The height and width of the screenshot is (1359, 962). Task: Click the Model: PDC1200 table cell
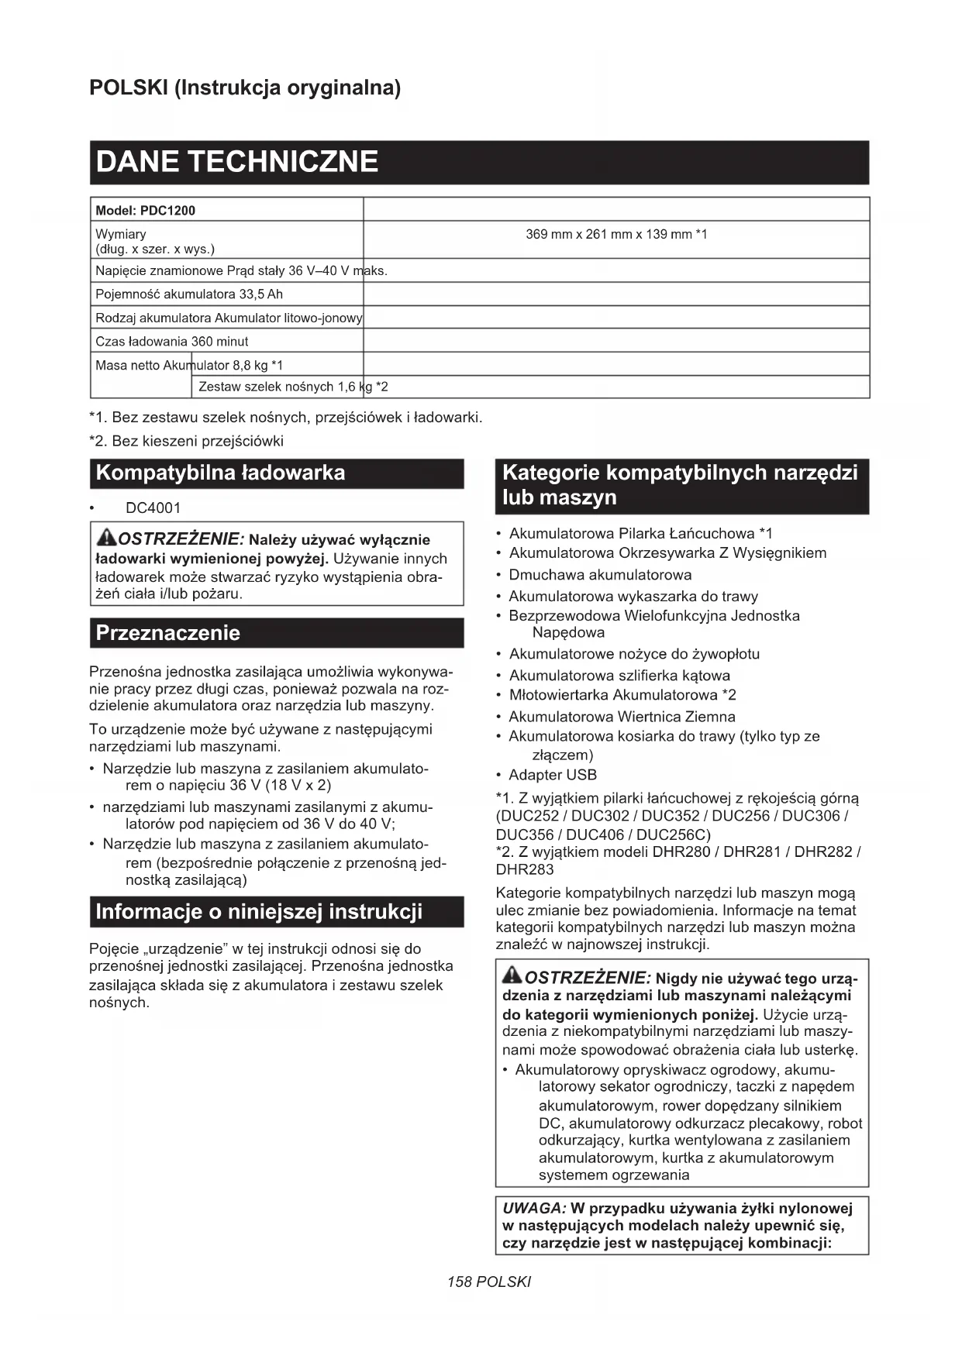[x=146, y=210]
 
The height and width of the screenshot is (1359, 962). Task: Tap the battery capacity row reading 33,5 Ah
[x=189, y=294]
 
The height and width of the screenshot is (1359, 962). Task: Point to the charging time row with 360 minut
[x=172, y=341]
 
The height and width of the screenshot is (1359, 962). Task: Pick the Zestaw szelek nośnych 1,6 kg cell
[x=293, y=387]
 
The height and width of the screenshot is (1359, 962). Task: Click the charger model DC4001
[x=153, y=508]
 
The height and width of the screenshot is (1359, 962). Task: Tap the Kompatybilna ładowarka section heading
[x=220, y=473]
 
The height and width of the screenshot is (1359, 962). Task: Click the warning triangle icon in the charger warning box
[x=106, y=537]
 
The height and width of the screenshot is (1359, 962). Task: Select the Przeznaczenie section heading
[x=167, y=633]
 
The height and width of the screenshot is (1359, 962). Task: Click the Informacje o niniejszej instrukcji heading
[x=259, y=911]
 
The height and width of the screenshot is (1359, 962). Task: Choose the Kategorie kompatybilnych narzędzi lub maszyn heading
[x=680, y=484]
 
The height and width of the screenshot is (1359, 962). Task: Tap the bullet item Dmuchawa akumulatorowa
[x=599, y=575]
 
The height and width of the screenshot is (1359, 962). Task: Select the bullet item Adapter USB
[x=552, y=775]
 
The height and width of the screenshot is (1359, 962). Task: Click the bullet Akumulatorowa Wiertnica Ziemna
[x=622, y=717]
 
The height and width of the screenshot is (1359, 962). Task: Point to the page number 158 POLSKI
[x=489, y=1282]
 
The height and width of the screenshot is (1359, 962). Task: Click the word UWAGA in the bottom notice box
[x=534, y=1208]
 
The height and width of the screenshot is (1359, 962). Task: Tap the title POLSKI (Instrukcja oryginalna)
[x=245, y=88]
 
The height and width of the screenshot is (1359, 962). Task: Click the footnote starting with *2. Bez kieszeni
[x=186, y=441]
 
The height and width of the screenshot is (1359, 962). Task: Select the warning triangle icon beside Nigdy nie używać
[x=512, y=975]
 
